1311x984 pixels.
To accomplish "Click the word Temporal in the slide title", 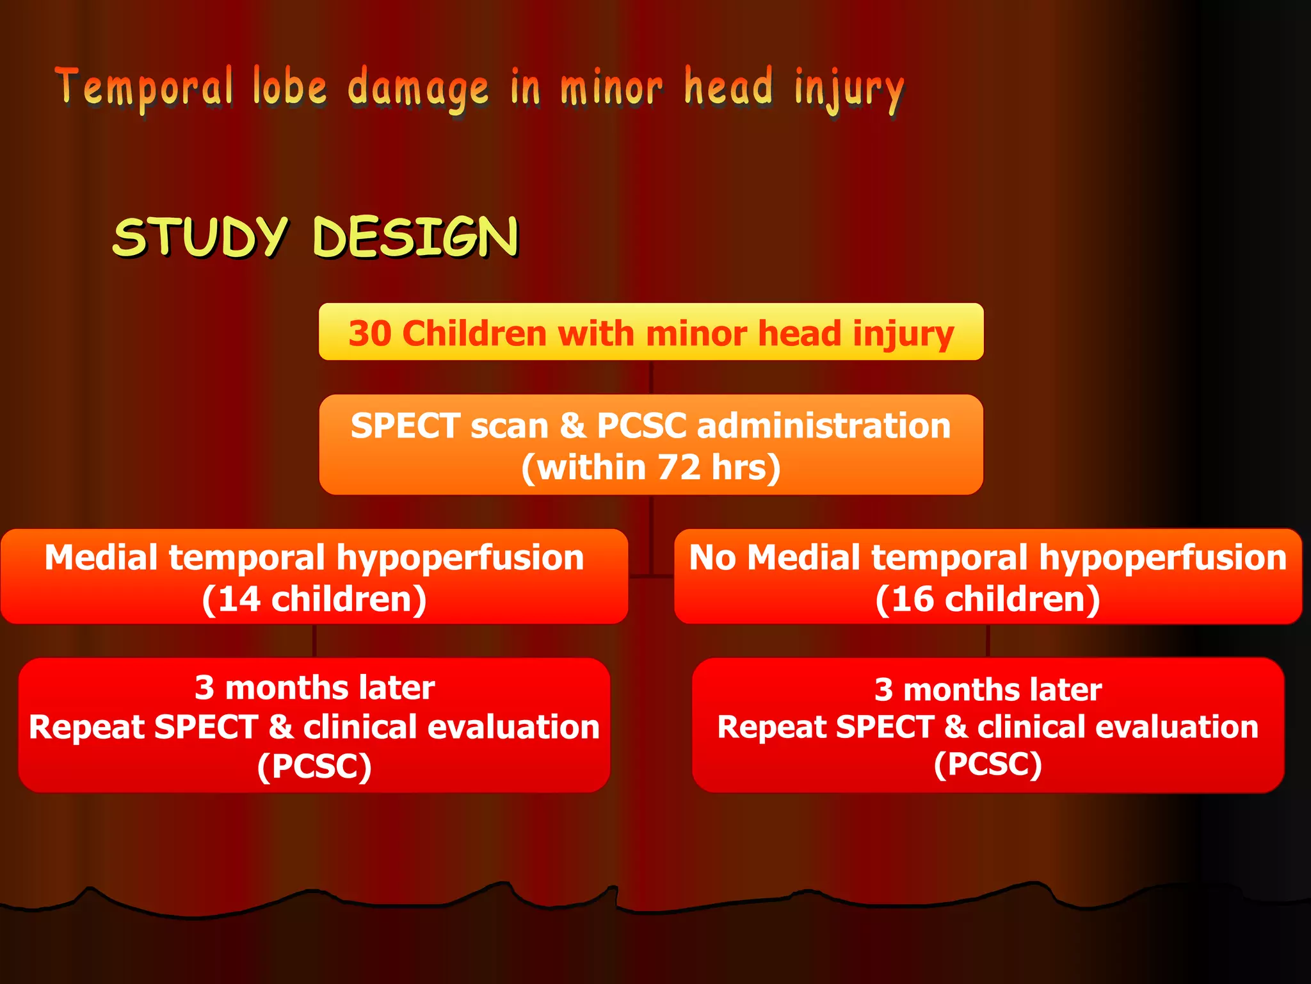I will tap(143, 88).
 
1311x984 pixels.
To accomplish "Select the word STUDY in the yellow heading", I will tap(200, 237).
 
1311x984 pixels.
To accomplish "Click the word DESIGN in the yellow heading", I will tap(415, 237).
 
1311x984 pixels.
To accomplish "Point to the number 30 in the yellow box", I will tap(369, 334).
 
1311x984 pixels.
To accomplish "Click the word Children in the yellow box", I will tap(474, 334).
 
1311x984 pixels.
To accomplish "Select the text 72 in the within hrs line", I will tap(679, 467).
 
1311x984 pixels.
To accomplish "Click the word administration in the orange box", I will tap(823, 426).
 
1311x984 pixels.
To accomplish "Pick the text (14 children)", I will tap(314, 600).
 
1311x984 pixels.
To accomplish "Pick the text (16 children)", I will tap(988, 600).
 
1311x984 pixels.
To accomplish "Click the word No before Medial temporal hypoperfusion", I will tap(712, 557).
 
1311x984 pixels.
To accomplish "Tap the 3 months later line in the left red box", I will tap(314, 688).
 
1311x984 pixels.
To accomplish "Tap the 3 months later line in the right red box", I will tap(988, 690).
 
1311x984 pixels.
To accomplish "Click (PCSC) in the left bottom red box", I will tap(314, 766).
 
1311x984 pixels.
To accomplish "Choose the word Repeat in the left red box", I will tap(87, 727).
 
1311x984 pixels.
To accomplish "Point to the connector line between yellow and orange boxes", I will tap(651, 377).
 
